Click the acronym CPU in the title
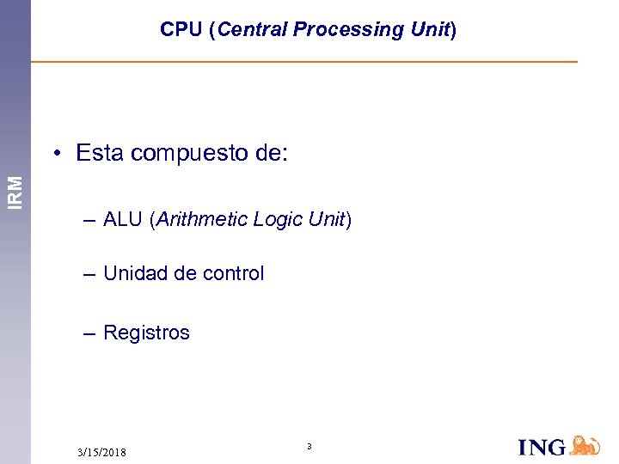click(180, 29)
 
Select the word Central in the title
click(253, 29)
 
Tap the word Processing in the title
click(348, 29)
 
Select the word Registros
click(146, 333)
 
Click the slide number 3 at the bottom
click(309, 446)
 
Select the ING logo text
click(542, 447)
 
